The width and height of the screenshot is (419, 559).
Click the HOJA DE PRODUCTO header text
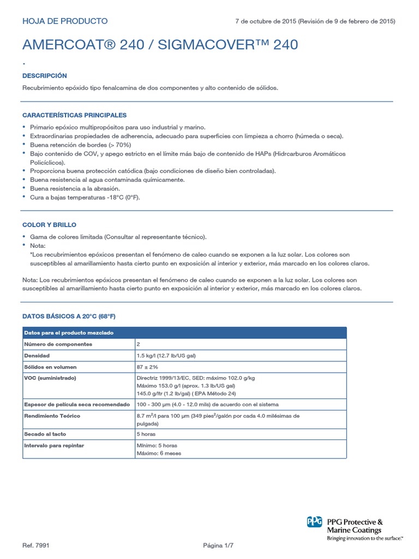pos(65,21)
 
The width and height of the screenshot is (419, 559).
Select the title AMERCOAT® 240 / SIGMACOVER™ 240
pos(160,45)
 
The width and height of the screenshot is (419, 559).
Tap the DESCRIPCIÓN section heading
pos(45,76)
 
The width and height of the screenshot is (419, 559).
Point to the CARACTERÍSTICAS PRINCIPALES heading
pos(74,115)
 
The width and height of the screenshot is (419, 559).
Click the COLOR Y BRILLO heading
pos(49,225)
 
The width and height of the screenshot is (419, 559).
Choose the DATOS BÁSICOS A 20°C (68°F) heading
pos(69,316)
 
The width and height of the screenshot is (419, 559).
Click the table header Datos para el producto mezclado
pos(69,333)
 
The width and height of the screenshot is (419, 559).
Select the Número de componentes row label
pos(58,344)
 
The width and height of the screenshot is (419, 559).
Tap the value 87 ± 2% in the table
pos(148,367)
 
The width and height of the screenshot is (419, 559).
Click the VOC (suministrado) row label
pos(50,378)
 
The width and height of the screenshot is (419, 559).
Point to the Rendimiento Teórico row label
pos(52,416)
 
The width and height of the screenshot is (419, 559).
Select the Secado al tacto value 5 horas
pos(146,435)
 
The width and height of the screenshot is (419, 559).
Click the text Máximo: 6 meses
pos(159,453)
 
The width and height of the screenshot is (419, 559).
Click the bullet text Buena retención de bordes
pos(80,145)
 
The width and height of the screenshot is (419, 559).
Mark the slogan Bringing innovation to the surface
pos(365,538)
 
